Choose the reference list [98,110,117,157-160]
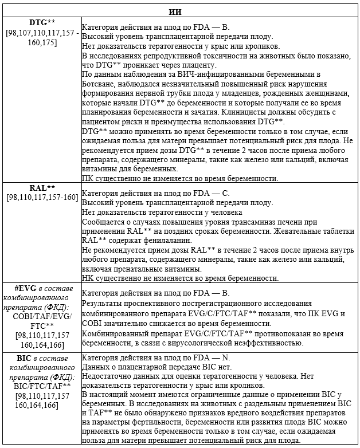point(42,197)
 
